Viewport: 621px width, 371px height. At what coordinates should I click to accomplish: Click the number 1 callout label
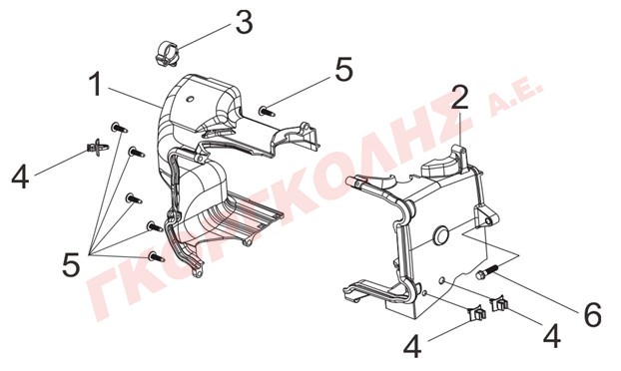click(x=95, y=84)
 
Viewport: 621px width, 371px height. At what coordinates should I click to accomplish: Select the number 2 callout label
click(x=459, y=97)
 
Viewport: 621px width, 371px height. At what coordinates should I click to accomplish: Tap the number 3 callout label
click(x=244, y=22)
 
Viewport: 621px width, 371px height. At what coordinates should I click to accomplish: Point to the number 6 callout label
click(x=593, y=314)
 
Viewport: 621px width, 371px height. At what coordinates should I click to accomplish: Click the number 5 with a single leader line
click(x=343, y=69)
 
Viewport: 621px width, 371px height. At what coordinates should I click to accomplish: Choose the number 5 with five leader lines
click(x=71, y=264)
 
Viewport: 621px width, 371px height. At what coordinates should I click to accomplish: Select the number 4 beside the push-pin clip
click(x=20, y=177)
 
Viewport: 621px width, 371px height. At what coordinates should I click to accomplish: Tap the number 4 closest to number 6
click(x=552, y=336)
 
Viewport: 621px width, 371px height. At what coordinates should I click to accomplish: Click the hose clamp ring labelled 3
click(x=166, y=54)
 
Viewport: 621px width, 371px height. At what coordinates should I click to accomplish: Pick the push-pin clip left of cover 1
click(x=98, y=148)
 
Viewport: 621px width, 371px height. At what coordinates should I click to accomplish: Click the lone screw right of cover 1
click(x=267, y=111)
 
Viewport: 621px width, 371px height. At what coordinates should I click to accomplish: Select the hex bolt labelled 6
click(x=487, y=272)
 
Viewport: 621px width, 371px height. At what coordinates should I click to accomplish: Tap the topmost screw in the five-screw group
click(x=119, y=128)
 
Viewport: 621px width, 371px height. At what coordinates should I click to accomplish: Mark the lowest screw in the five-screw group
click(x=156, y=257)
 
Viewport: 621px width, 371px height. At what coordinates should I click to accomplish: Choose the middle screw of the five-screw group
click(x=134, y=198)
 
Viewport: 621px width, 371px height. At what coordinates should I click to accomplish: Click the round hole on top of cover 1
click(x=190, y=99)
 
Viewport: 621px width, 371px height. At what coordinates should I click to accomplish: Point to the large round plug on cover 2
click(x=440, y=235)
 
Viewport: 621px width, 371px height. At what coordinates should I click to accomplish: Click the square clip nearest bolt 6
click(x=500, y=304)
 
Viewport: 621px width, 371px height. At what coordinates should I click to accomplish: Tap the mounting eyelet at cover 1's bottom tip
click(x=197, y=272)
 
